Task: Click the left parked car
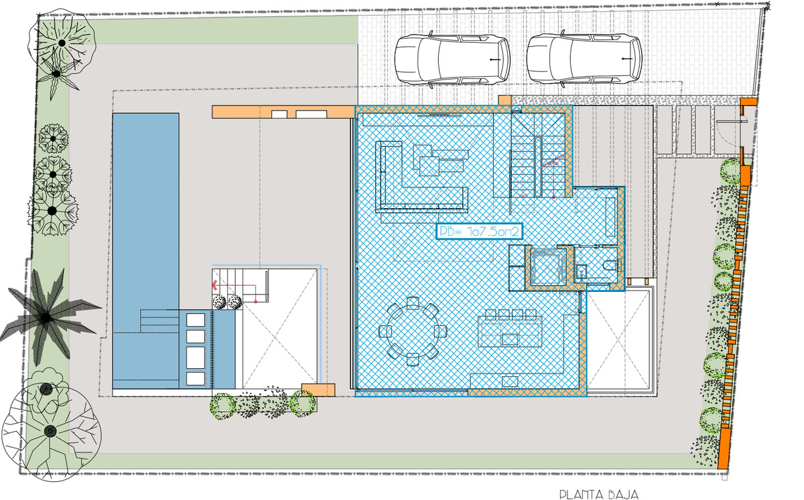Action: (x=451, y=60)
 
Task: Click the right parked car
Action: (x=584, y=60)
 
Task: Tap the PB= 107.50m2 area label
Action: (x=479, y=232)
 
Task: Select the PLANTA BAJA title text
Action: (x=598, y=495)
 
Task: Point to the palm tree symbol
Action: (x=46, y=317)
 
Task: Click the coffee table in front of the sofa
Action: (x=440, y=161)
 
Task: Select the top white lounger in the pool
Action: (x=195, y=319)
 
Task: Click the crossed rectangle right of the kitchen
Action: (x=620, y=341)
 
